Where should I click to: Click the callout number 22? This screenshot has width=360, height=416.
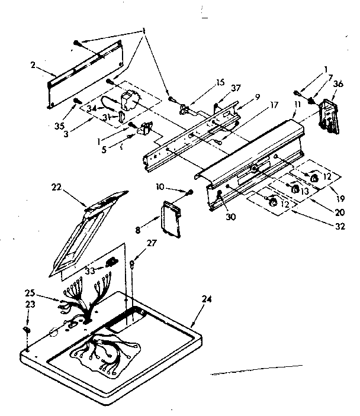(x=56, y=188)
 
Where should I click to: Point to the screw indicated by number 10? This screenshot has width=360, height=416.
(x=189, y=192)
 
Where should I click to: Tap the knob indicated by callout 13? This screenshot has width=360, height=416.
(x=294, y=189)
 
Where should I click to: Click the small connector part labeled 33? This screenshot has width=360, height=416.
(x=110, y=261)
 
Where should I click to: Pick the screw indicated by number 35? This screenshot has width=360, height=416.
(x=76, y=101)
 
